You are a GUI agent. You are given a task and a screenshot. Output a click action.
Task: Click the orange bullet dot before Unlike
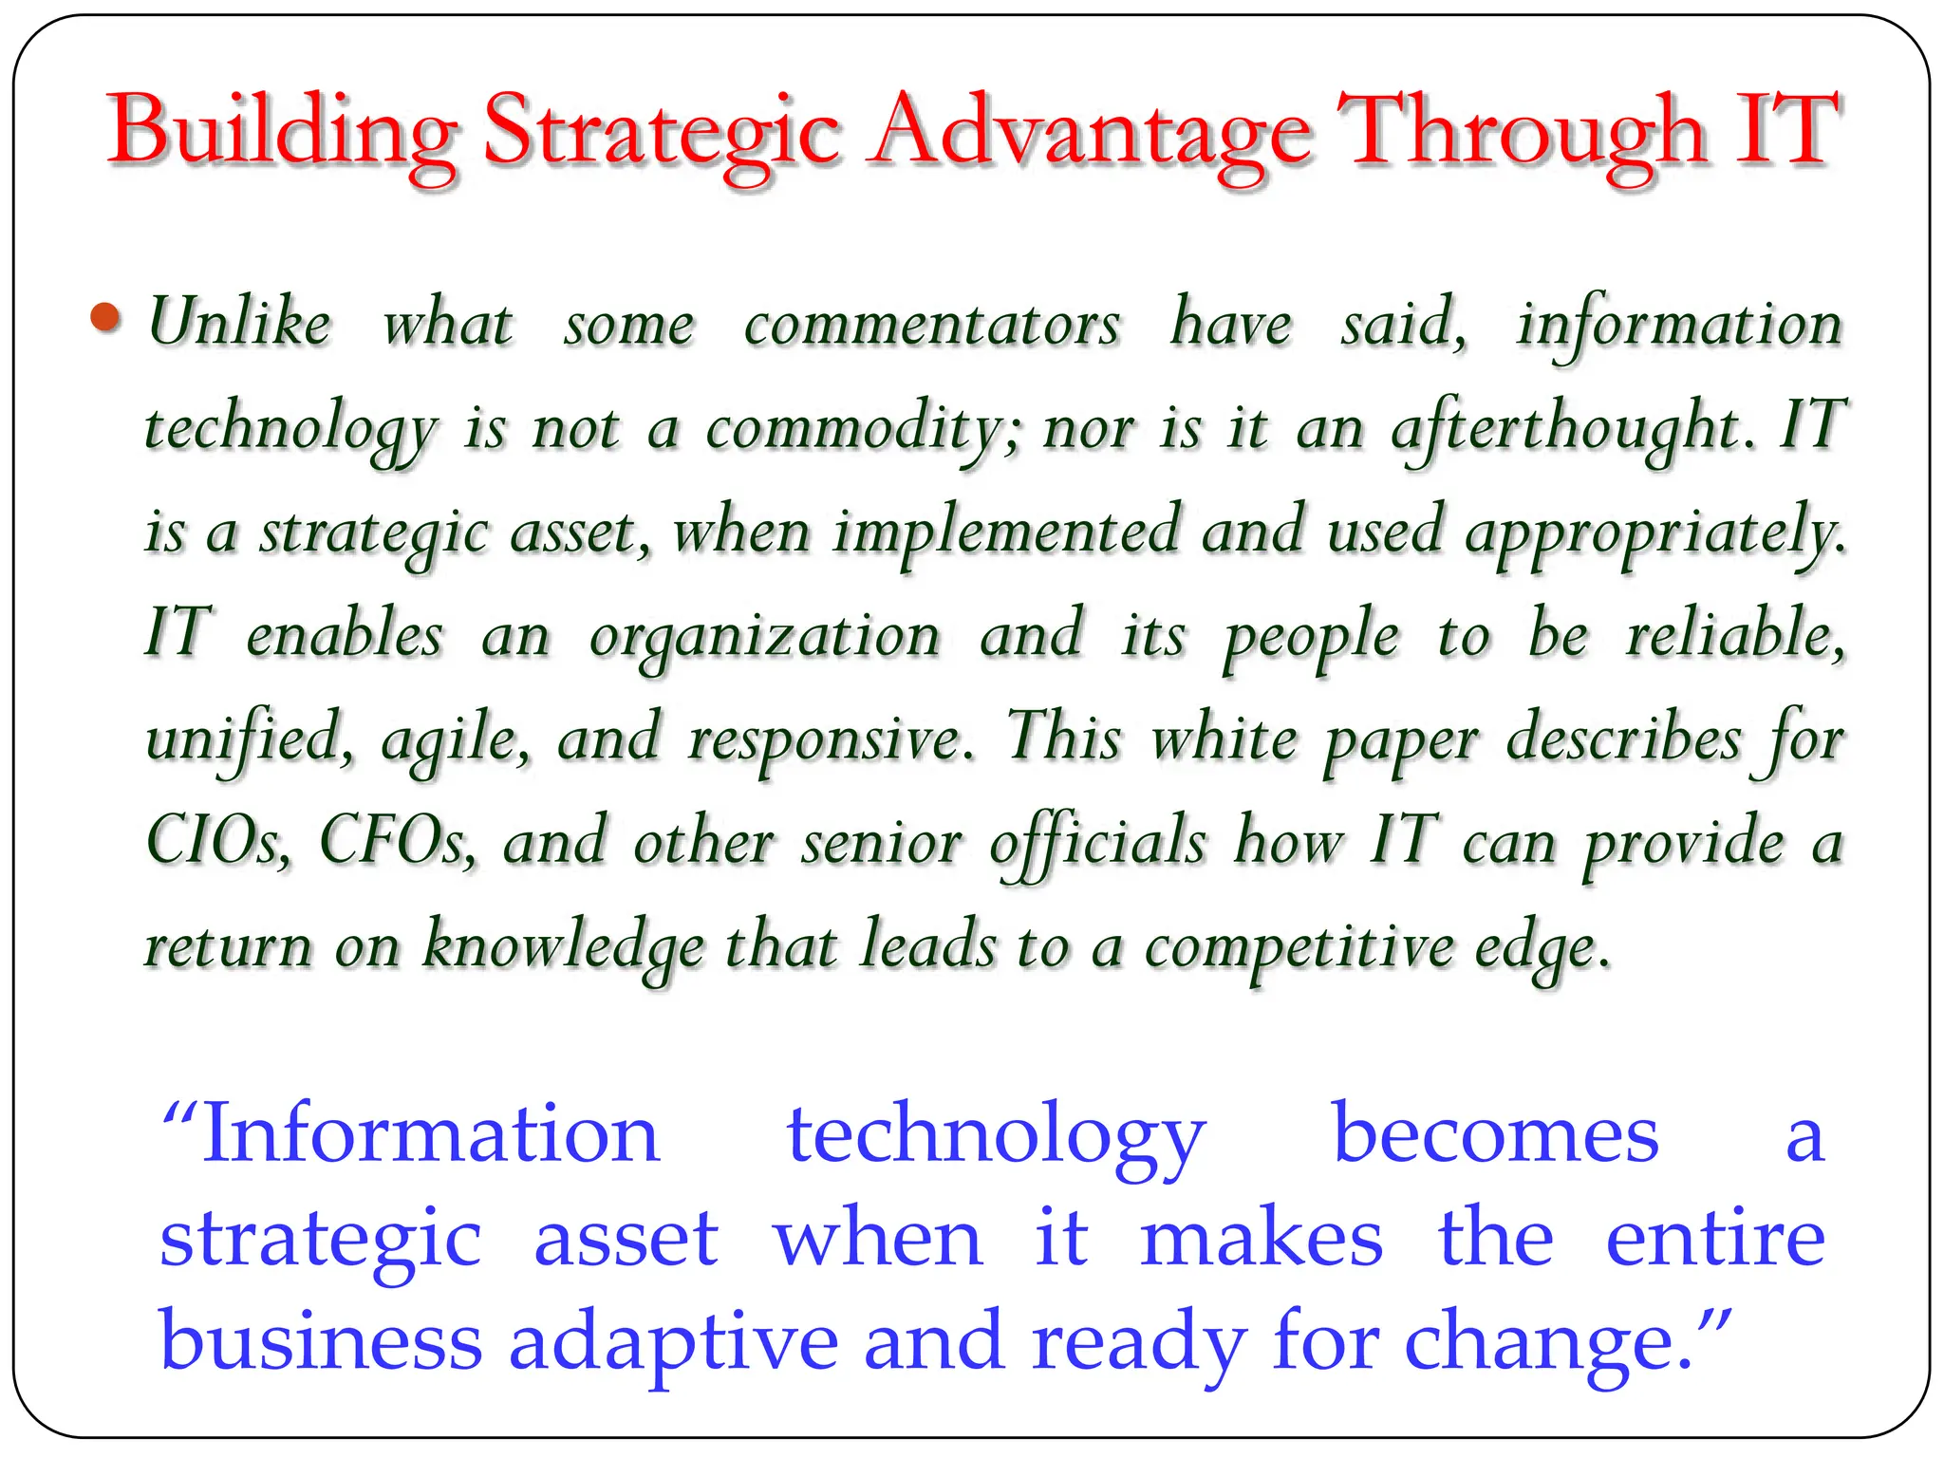[x=105, y=317]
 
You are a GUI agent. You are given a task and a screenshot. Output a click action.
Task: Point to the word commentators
[x=932, y=325]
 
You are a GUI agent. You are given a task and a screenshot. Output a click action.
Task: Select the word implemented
[x=1006, y=532]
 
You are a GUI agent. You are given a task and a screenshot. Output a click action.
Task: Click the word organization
[x=765, y=636]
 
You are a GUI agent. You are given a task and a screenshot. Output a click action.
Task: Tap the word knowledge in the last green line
[x=564, y=947]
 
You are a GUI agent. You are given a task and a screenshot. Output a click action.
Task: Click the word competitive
[x=1299, y=947]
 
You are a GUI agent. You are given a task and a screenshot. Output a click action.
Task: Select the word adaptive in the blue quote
[x=674, y=1342]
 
